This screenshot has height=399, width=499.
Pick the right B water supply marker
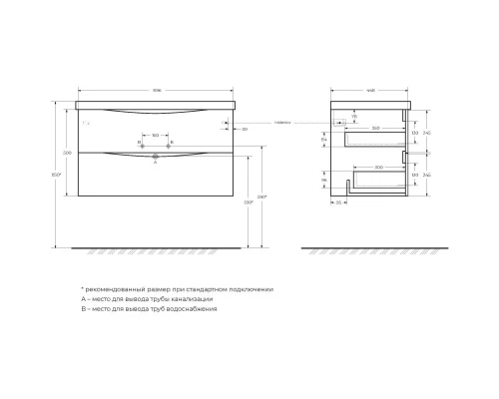[x=172, y=144]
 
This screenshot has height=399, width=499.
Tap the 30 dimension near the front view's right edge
[x=246, y=129]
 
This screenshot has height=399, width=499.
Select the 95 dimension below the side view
[x=340, y=202]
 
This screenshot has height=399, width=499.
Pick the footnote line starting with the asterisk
[x=177, y=288]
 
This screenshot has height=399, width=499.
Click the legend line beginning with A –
[x=147, y=298]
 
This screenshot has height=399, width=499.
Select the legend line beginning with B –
[x=149, y=309]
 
